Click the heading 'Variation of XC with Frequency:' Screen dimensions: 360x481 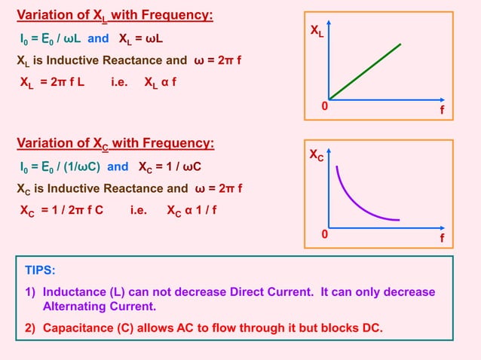115,143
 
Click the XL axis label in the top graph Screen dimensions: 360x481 318,32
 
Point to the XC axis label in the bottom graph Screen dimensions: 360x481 318,157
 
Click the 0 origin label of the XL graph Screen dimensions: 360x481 325,108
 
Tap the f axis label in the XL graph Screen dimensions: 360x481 442,110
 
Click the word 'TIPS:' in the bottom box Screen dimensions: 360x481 41,270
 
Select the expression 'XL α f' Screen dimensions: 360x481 161,83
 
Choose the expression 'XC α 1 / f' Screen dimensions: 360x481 191,210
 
